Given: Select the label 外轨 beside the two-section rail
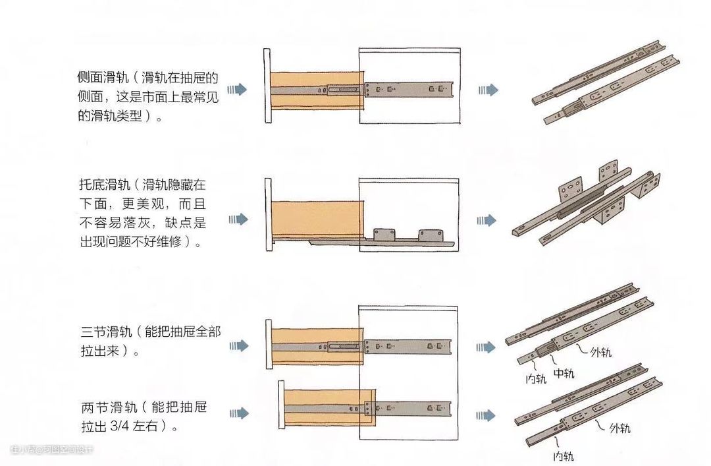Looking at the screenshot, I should tap(618, 428).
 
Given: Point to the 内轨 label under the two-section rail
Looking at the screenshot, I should tap(562, 455).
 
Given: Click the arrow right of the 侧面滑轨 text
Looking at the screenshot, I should tap(238, 90).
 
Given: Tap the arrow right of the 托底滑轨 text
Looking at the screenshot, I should tap(238, 219).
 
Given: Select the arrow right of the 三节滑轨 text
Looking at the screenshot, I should tap(238, 346).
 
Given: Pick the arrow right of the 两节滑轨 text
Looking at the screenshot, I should tap(238, 414).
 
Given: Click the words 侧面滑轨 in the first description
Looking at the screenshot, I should tap(99, 76).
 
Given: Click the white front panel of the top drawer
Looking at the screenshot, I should tap(267, 86).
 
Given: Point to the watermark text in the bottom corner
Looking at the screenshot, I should tap(52, 450).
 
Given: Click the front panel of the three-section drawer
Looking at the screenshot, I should tap(269, 344).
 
